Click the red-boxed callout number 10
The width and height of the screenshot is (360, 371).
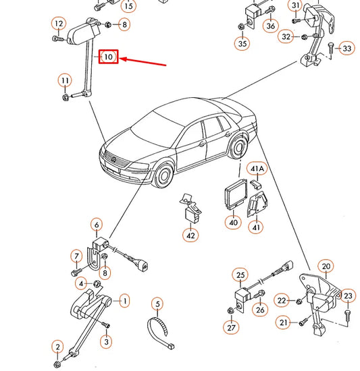pyautogui.click(x=109, y=57)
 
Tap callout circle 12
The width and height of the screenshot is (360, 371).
pyautogui.click(x=59, y=25)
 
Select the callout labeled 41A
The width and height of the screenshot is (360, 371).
pyautogui.click(x=258, y=168)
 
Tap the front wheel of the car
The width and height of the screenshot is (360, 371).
pyautogui.click(x=164, y=177)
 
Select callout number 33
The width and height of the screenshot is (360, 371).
pyautogui.click(x=346, y=49)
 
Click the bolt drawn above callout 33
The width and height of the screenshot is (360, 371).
pyautogui.click(x=330, y=48)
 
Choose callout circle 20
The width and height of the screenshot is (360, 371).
pyautogui.click(x=326, y=266)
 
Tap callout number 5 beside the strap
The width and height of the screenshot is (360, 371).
pyautogui.click(x=157, y=304)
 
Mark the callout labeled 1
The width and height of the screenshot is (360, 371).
pyautogui.click(x=124, y=299)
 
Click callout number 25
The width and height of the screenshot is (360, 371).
pyautogui.click(x=239, y=275)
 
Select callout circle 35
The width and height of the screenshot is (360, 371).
pyautogui.click(x=242, y=45)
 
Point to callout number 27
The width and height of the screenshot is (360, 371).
pyautogui.click(x=231, y=328)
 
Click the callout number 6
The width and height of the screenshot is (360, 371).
pyautogui.click(x=97, y=225)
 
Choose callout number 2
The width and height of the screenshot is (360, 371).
pyautogui.click(x=57, y=347)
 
